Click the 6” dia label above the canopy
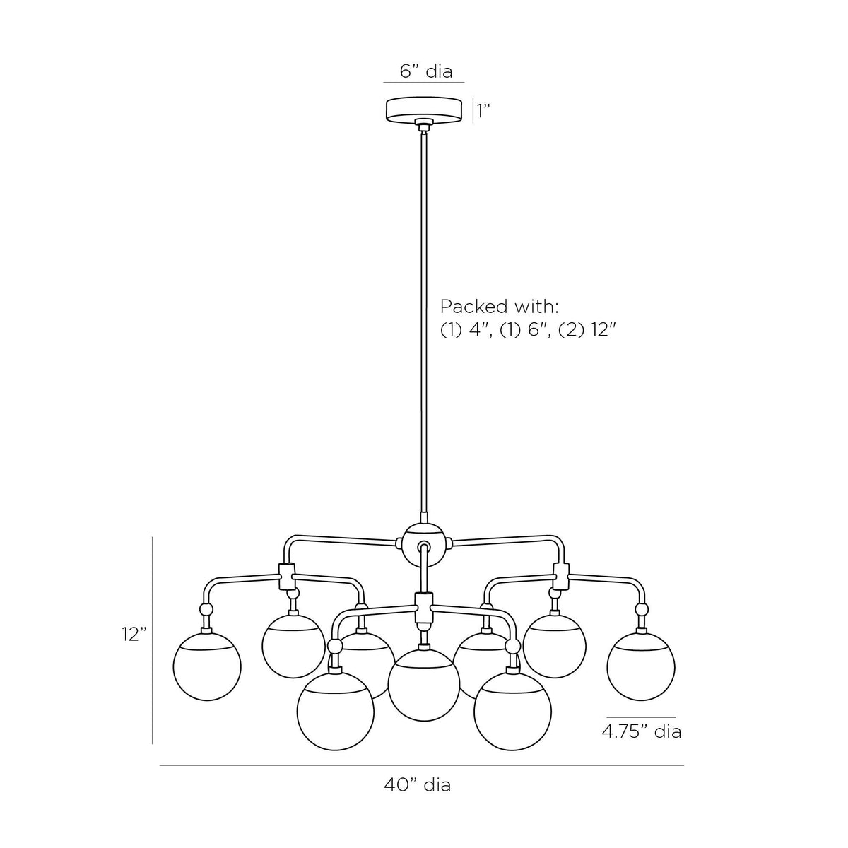pos(426,71)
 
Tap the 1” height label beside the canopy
pos(484,111)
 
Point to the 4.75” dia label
pos(641,731)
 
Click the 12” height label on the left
pos(134,634)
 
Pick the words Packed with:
pos(500,307)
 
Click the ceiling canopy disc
pos(424,110)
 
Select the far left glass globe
pos(207,666)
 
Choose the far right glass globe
pos(641,666)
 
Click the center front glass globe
pos(424,685)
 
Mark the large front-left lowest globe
pos(336,712)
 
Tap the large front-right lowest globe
pos(512,712)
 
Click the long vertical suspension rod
pos(424,324)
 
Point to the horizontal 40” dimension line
pos(422,765)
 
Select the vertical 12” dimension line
pos(152,640)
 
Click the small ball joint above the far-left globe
pos(206,609)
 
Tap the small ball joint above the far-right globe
pos(642,609)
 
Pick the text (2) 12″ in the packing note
pos(586,330)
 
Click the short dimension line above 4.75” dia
pos(641,718)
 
